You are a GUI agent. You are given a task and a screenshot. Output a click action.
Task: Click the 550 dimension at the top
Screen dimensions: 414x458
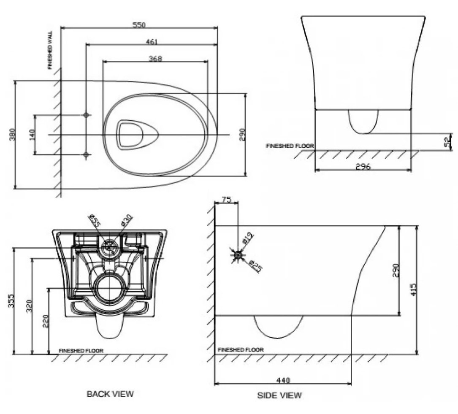(x=139, y=25)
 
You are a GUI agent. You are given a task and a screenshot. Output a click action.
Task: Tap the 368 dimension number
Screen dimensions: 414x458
(x=155, y=58)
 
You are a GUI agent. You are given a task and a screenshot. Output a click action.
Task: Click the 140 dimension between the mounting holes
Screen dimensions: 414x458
(x=32, y=135)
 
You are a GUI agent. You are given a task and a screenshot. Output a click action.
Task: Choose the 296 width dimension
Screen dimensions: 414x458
(x=363, y=167)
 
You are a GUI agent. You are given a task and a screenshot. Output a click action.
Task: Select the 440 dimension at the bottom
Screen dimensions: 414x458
(x=283, y=380)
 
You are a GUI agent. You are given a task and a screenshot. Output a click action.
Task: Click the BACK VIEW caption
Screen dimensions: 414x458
(x=110, y=394)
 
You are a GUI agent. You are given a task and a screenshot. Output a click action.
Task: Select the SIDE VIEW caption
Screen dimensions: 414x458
(x=279, y=395)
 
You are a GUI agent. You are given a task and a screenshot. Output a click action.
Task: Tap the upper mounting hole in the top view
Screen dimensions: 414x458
(x=86, y=115)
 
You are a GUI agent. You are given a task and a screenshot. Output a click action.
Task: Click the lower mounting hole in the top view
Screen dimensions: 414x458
(x=86, y=155)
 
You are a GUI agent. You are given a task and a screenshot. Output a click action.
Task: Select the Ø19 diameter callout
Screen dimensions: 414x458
(x=248, y=238)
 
